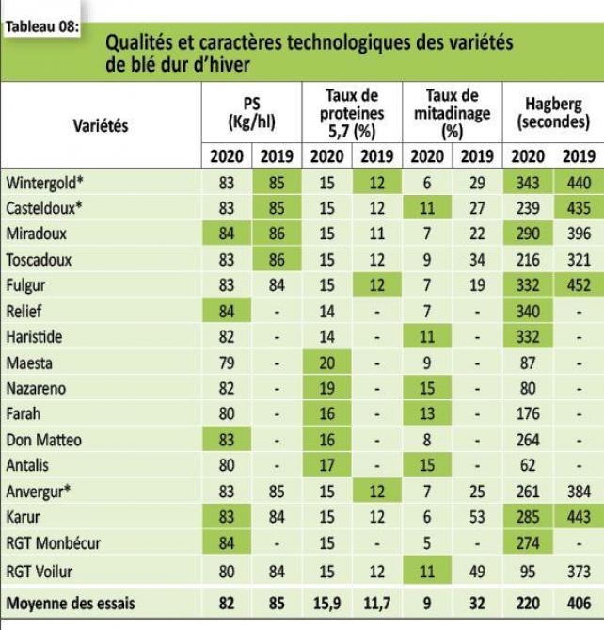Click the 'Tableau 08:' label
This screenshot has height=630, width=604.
point(41,24)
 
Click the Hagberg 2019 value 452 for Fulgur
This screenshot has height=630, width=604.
point(576,284)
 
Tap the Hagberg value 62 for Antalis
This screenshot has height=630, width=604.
point(526,464)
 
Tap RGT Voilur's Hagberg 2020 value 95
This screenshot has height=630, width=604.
point(526,568)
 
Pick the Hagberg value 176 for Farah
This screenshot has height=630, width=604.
point(526,413)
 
